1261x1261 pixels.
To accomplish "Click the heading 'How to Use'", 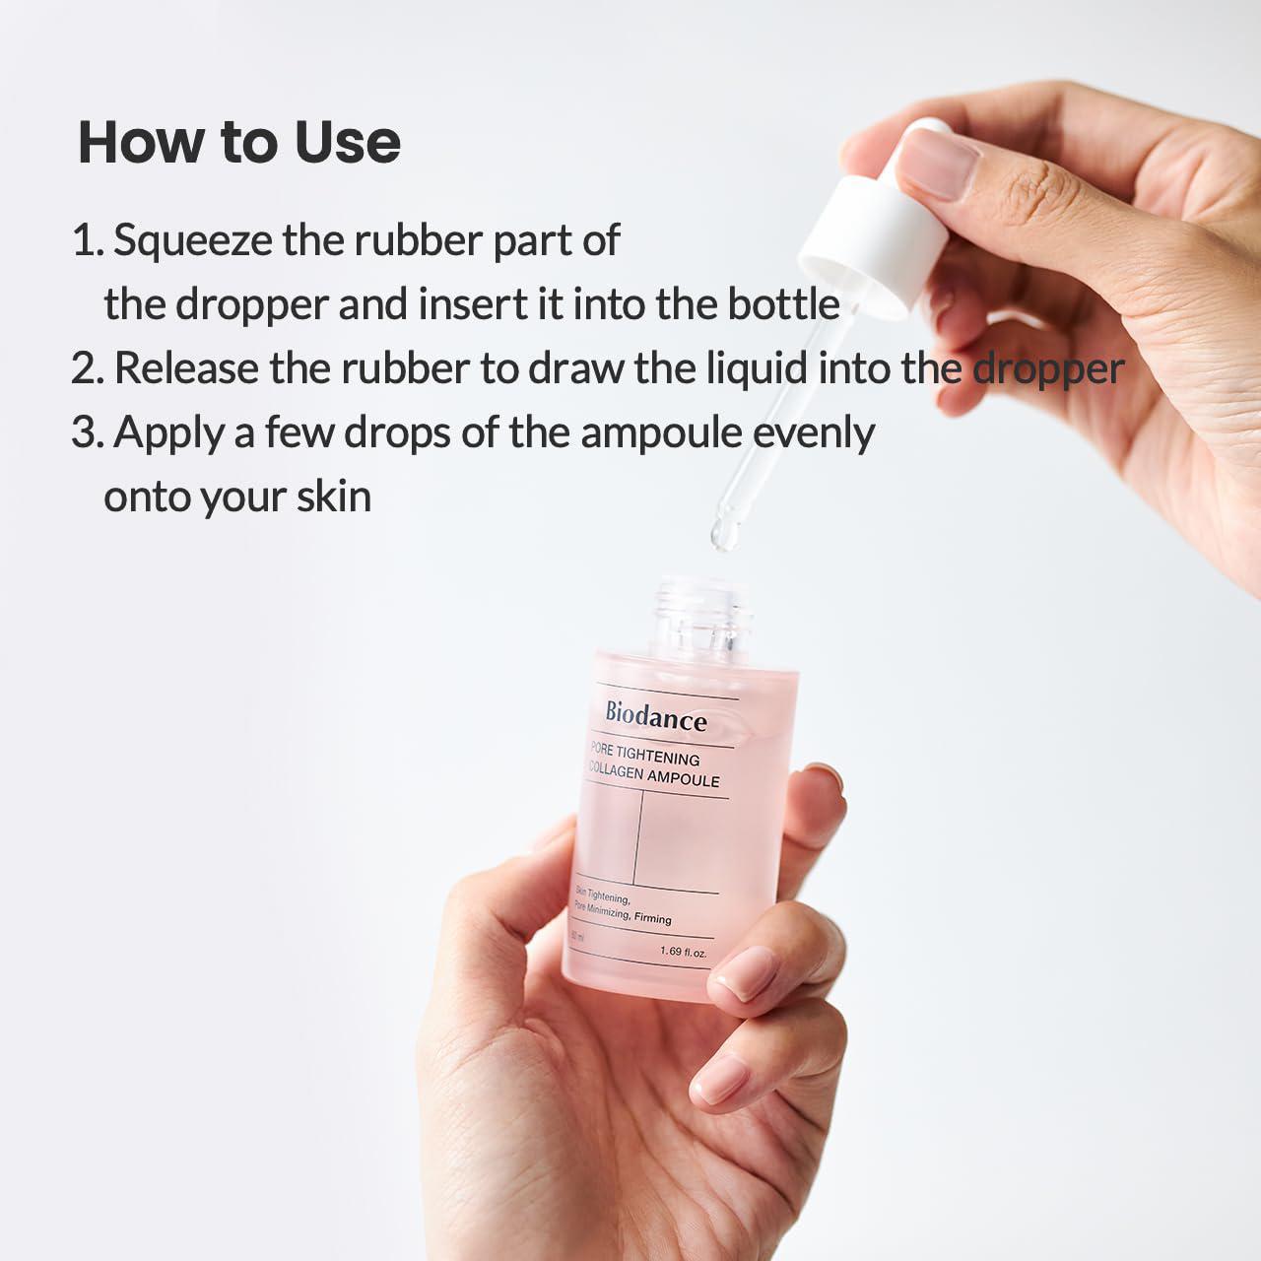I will click(239, 142).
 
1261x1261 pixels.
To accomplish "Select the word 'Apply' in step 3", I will click(167, 433).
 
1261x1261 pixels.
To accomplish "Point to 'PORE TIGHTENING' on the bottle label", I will click(645, 756).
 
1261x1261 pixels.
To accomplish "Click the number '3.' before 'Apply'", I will click(87, 433).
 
